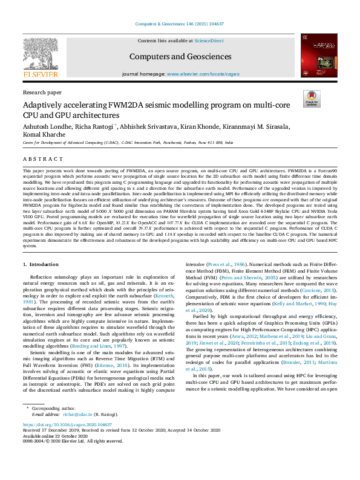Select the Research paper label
42,92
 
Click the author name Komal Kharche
44,135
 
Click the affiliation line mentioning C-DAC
127,142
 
